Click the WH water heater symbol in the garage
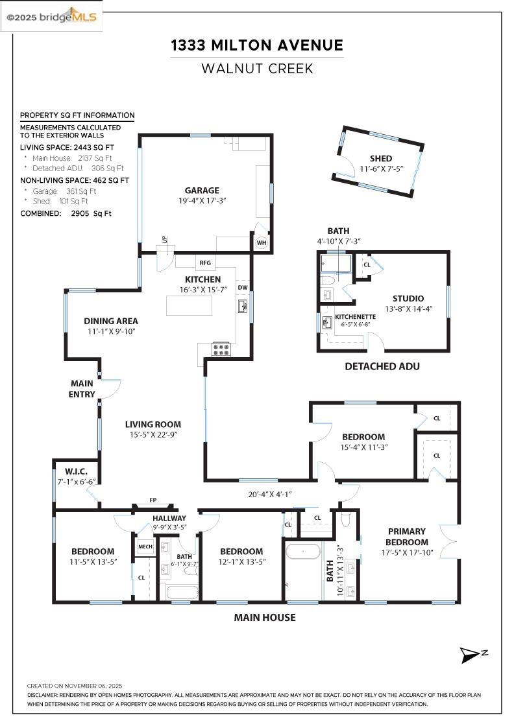262,242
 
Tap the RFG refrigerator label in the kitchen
205,263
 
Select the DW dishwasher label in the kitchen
243,287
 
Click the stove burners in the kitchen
221,349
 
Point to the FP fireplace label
153,500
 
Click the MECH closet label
145,547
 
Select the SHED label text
381,159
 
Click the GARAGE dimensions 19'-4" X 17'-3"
201,201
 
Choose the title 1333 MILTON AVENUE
257,45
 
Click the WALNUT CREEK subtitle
257,68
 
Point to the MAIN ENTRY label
82,389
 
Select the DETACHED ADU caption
382,366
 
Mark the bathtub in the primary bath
303,552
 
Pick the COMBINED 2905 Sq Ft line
66,213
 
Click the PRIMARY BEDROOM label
407,537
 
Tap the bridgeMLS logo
52,16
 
